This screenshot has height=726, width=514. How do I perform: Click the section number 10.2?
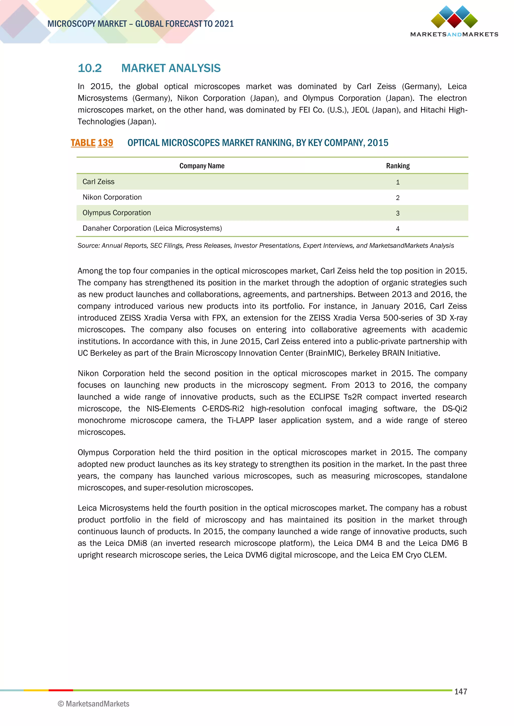pyautogui.click(x=90, y=68)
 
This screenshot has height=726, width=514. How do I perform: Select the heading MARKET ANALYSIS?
pyautogui.click(x=171, y=68)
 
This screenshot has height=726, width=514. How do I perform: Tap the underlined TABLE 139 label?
pyautogui.click(x=92, y=143)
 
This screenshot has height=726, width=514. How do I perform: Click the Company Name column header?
pyautogui.click(x=202, y=166)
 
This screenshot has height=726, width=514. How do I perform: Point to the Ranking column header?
pyautogui.click(x=398, y=166)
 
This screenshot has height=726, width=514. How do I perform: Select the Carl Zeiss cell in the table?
pyautogui.click(x=98, y=181)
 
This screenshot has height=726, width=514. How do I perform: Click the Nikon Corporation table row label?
pyautogui.click(x=112, y=197)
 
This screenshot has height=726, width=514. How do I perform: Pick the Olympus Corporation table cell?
pyautogui.click(x=116, y=213)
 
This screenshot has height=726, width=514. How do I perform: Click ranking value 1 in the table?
pyautogui.click(x=398, y=182)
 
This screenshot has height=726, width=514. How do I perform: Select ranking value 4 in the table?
pyautogui.click(x=398, y=229)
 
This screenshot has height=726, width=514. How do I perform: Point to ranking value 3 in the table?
pyautogui.click(x=398, y=213)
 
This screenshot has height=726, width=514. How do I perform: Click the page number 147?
pyautogui.click(x=461, y=692)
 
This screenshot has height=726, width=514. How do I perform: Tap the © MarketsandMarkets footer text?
pyautogui.click(x=94, y=704)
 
